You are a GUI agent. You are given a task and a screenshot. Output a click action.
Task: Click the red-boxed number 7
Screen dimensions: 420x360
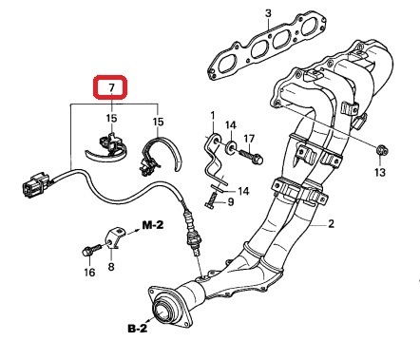111,88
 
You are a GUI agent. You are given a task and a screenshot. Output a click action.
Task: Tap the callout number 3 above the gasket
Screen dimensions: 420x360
268,13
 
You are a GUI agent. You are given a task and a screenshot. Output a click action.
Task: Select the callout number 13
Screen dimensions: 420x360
380,172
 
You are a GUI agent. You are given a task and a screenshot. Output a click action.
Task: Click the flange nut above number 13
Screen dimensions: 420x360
382,150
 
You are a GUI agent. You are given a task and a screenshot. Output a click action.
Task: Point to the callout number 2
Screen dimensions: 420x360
331,224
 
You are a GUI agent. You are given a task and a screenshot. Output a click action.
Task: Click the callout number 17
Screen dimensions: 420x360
249,139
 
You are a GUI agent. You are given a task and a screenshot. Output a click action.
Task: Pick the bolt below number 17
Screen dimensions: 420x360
250,157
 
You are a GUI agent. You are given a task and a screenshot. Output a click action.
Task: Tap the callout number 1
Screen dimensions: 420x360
212,115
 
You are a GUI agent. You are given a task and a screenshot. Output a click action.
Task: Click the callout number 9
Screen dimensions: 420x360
230,201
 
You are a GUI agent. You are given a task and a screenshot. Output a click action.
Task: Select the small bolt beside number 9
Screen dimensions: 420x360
211,200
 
